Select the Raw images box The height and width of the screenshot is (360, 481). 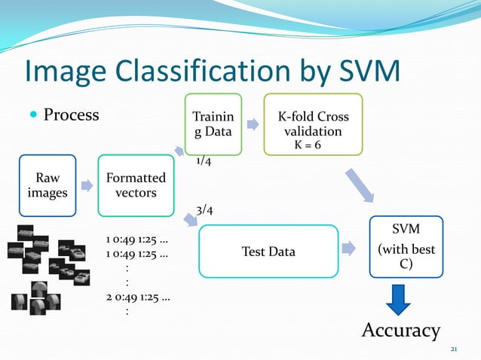pyautogui.click(x=47, y=186)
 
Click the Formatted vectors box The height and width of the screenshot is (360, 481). pyautogui.click(x=136, y=186)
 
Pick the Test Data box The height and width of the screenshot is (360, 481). pyautogui.click(x=268, y=251)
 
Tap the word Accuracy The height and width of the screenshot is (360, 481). pyautogui.click(x=400, y=330)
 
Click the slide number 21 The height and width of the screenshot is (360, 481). pyautogui.click(x=454, y=350)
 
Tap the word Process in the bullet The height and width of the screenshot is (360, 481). pyautogui.click(x=71, y=115)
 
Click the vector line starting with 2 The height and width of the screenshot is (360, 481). pyautogui.click(x=137, y=298)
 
